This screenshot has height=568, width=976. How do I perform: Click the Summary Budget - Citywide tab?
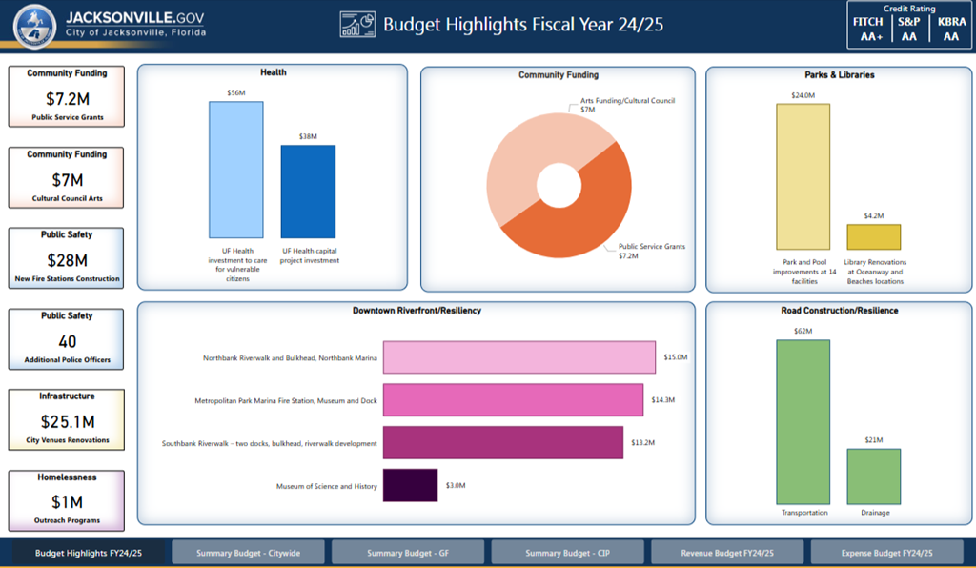coord(248,553)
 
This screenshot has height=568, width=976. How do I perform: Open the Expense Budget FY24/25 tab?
coord(887,553)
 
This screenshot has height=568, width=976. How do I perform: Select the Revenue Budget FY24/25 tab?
coord(727,553)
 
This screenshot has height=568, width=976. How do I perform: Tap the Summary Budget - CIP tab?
coord(567,553)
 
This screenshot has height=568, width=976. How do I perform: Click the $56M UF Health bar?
coord(236,170)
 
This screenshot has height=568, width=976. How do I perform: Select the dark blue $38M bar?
coord(308,191)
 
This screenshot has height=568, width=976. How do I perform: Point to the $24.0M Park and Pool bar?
coord(803,176)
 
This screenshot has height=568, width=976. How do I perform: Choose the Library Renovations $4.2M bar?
coord(874,237)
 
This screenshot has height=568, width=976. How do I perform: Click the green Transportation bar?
coord(803,421)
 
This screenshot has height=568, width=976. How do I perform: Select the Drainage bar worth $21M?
coord(874,477)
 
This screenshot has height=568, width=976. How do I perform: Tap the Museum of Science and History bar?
coord(410,486)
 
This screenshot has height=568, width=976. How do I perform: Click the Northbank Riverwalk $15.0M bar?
coord(519,357)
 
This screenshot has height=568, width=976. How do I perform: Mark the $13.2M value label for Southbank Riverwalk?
coord(642,442)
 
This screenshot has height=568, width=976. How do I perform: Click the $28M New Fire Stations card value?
coord(67,260)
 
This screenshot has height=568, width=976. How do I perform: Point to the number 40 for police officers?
coord(67,341)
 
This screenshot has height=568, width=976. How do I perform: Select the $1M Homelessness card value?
coord(67,502)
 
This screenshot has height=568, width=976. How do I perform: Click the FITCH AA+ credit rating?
coord(867,29)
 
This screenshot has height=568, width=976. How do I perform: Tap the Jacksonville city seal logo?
coord(33,26)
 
